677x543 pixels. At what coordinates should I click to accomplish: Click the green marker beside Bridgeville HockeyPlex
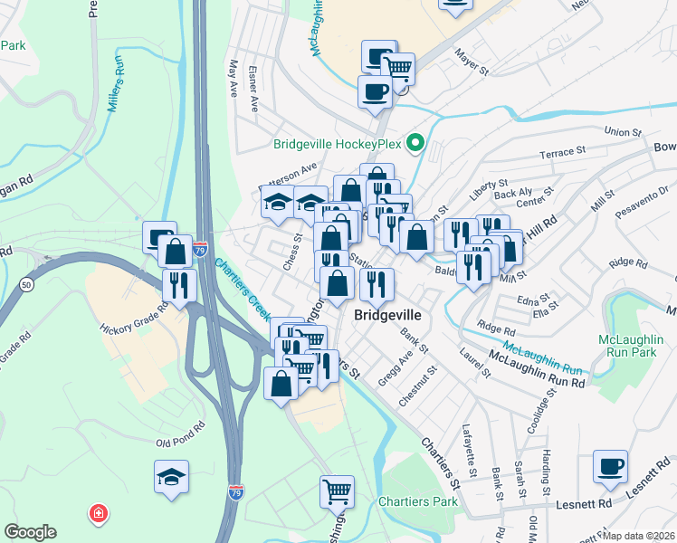(x=415, y=143)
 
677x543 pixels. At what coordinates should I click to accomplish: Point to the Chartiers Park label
(x=415, y=501)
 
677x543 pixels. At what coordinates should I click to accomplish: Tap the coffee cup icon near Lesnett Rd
(x=611, y=468)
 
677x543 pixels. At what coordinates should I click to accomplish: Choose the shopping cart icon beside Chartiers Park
(x=337, y=492)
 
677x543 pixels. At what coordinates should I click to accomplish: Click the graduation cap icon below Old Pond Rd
(x=170, y=478)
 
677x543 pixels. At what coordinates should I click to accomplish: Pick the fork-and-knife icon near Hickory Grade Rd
(x=179, y=285)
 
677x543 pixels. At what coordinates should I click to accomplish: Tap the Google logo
(x=30, y=532)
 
